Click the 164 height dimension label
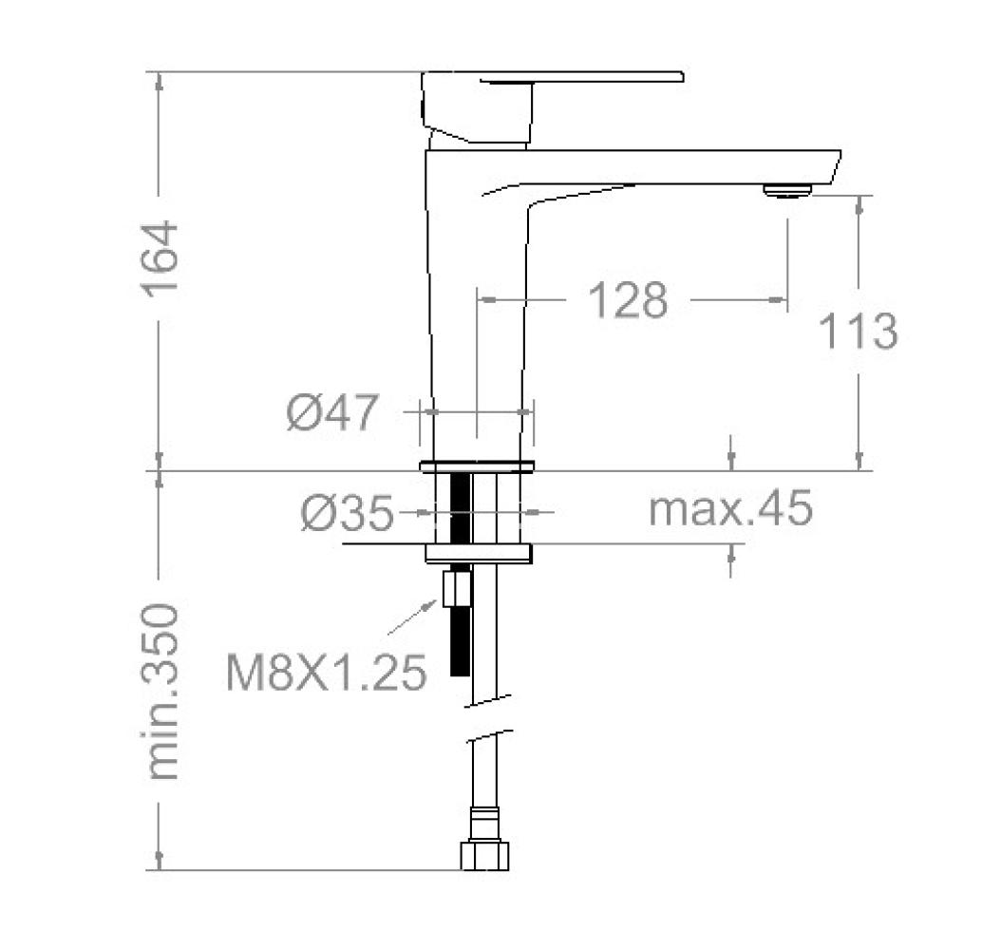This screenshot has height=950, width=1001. [159, 258]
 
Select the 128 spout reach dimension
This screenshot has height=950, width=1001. [628, 299]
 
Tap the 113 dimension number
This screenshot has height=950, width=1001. [858, 331]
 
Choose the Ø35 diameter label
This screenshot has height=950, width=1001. [348, 513]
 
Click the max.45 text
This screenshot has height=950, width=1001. [730, 508]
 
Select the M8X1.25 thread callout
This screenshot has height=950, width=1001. [326, 672]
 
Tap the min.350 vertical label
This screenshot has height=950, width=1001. [160, 692]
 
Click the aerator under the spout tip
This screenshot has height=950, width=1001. [787, 190]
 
